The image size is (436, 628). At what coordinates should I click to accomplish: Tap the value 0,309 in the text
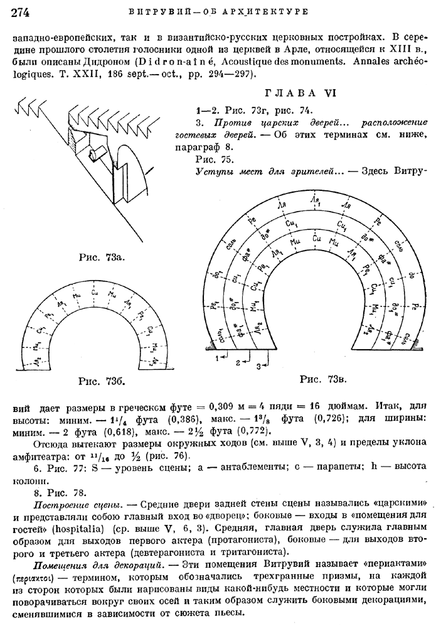click(207, 407)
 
